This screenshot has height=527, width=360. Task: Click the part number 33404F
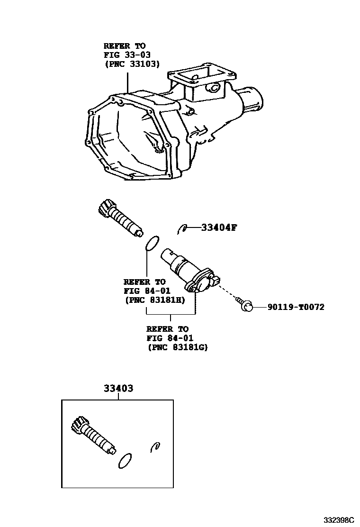point(218,227)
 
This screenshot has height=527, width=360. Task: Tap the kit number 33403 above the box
point(118,388)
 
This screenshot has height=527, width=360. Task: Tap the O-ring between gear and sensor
point(152,243)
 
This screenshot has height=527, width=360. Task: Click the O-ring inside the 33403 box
point(125,460)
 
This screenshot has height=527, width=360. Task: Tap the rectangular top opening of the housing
point(201,75)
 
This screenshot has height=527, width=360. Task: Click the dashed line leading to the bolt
point(229,291)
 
